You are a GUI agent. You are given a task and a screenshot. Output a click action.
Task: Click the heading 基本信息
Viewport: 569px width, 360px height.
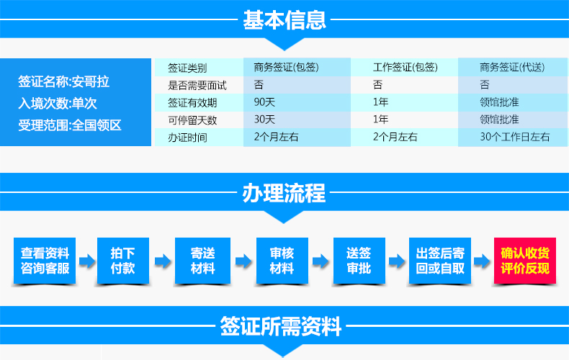(x=284, y=19)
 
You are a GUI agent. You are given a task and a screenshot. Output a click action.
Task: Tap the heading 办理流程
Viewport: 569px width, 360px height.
(x=284, y=193)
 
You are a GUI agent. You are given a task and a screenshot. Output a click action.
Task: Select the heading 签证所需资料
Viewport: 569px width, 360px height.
(x=280, y=326)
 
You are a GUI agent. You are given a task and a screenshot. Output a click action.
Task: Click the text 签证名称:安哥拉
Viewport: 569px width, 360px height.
(x=64, y=81)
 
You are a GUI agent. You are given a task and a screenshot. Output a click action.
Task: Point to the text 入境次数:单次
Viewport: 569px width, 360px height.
(x=58, y=104)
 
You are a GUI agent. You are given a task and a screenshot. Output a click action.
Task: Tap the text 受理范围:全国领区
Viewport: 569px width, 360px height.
(x=70, y=125)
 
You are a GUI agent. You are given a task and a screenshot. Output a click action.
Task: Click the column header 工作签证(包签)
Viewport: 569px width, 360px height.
(x=406, y=67)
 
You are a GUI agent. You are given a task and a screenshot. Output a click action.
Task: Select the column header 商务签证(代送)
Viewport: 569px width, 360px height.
(x=512, y=67)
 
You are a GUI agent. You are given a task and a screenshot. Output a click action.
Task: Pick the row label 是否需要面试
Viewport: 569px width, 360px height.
(x=197, y=85)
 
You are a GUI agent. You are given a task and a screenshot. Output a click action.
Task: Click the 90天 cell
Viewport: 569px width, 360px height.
(x=264, y=102)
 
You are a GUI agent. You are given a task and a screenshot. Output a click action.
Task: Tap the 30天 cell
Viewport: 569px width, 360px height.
(x=264, y=120)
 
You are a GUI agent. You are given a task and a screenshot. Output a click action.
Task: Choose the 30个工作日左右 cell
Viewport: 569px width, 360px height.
(x=514, y=137)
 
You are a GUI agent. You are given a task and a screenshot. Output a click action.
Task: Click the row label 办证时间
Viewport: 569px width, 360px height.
(x=187, y=138)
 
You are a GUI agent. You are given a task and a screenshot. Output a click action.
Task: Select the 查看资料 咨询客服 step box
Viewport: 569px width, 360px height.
(x=45, y=261)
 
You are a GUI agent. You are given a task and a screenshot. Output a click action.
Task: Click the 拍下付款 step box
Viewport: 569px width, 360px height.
(x=123, y=261)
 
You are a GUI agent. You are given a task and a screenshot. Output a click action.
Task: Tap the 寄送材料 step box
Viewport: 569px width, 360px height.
(x=202, y=261)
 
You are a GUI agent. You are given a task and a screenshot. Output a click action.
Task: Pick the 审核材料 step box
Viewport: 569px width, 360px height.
(x=282, y=261)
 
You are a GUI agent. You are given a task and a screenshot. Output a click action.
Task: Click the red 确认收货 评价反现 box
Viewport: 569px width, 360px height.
(x=525, y=261)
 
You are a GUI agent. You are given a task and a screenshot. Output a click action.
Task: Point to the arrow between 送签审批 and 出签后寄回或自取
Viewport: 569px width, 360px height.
(x=397, y=261)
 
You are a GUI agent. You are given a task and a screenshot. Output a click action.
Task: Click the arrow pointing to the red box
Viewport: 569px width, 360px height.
(x=482, y=261)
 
